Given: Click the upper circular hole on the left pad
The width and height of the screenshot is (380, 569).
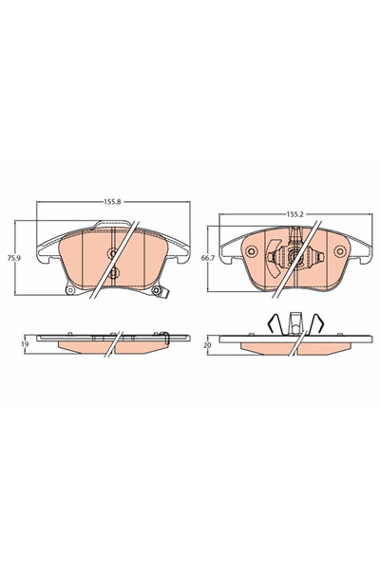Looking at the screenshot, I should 113,253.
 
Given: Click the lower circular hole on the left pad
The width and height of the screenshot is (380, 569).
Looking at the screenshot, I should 113,274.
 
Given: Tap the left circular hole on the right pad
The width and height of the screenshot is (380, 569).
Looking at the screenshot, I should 253,251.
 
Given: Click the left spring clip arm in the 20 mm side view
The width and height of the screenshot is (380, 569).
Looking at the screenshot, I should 272,323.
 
